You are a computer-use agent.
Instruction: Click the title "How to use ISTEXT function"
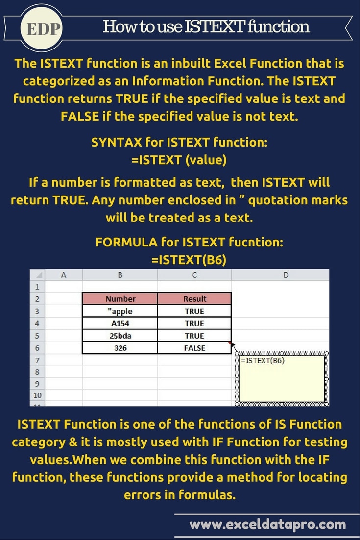click(206, 26)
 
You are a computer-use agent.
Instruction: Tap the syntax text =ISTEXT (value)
click(179, 160)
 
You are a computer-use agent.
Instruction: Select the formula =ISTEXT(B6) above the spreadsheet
click(189, 260)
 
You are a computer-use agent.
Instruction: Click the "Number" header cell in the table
click(120, 298)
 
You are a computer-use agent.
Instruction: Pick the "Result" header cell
click(194, 298)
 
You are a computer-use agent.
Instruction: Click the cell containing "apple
click(120, 311)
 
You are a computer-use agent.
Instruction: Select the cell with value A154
click(120, 323)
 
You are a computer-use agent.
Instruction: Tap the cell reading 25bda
click(120, 336)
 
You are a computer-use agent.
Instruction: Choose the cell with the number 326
click(120, 348)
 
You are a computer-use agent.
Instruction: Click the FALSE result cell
click(194, 348)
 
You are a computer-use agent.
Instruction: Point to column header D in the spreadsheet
click(286, 275)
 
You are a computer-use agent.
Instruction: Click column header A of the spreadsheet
click(64, 275)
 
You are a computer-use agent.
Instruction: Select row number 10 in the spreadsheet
click(37, 395)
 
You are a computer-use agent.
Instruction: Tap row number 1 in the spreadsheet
click(37, 287)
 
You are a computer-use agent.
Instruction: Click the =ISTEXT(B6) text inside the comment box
click(263, 361)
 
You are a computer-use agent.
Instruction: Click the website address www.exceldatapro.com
click(267, 524)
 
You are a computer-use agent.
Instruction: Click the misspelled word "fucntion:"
click(256, 242)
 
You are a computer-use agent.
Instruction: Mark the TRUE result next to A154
click(194, 323)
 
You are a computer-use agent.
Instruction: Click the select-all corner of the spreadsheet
click(38, 275)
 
